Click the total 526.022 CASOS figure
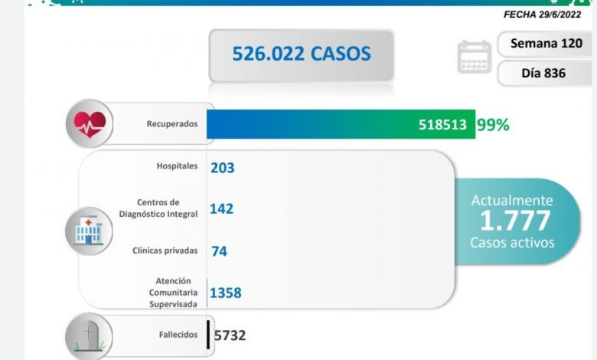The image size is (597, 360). (302, 54)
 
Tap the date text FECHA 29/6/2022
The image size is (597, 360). (547, 15)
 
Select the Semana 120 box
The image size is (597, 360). (546, 44)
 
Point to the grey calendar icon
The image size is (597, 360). (474, 57)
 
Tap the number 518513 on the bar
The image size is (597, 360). (442, 124)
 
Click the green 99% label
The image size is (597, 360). (492, 124)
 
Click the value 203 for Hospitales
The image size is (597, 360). (222, 167)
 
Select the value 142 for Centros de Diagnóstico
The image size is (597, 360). (222, 208)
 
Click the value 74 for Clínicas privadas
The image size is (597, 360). (219, 250)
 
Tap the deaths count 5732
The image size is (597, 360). (230, 335)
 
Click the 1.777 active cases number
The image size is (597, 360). (514, 221)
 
